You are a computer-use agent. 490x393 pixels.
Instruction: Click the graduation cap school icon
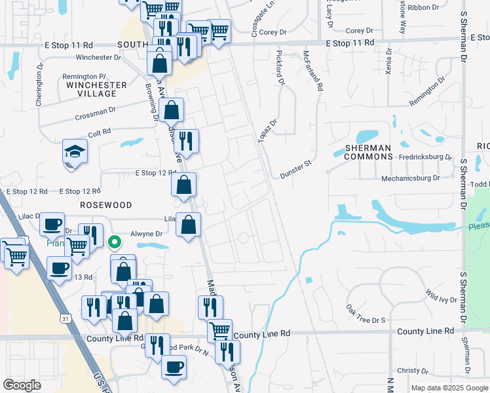pos(75,152)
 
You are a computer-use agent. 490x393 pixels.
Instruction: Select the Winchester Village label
pos(96,89)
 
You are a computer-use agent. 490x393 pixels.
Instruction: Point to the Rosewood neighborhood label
pos(102,205)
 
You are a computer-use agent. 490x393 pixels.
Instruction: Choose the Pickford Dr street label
pos(280,68)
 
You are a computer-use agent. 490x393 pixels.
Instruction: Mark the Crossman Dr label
pos(95,113)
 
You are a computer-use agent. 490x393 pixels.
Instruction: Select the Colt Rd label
pos(102,132)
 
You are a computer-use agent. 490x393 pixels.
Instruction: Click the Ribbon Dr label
pos(423,7)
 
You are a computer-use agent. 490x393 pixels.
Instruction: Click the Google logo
pos(22,384)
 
